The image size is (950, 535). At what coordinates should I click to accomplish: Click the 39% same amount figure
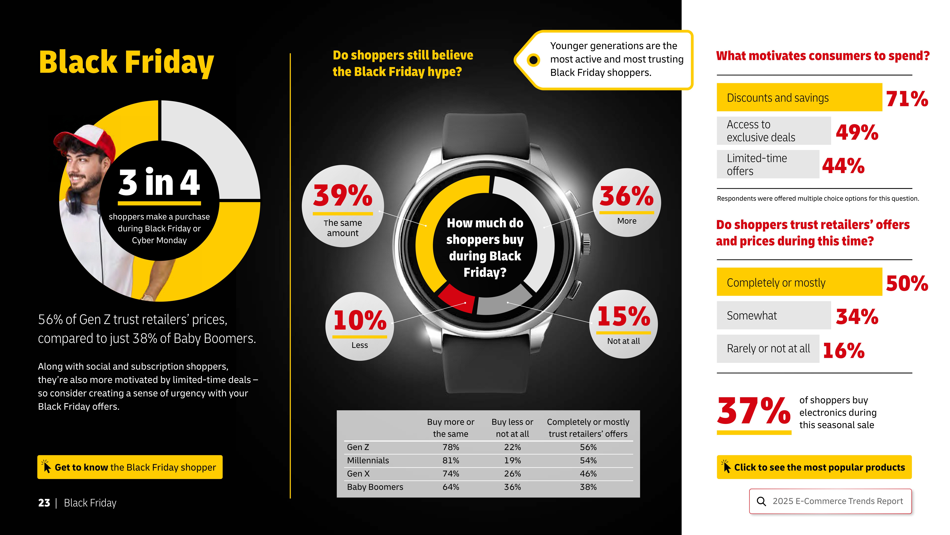point(343,196)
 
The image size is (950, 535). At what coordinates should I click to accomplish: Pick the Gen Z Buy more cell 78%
point(451,447)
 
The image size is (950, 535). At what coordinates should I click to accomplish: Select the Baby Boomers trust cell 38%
point(588,487)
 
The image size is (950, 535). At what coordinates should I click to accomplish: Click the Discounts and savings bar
point(799,97)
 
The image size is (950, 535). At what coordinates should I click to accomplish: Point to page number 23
point(44,503)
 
